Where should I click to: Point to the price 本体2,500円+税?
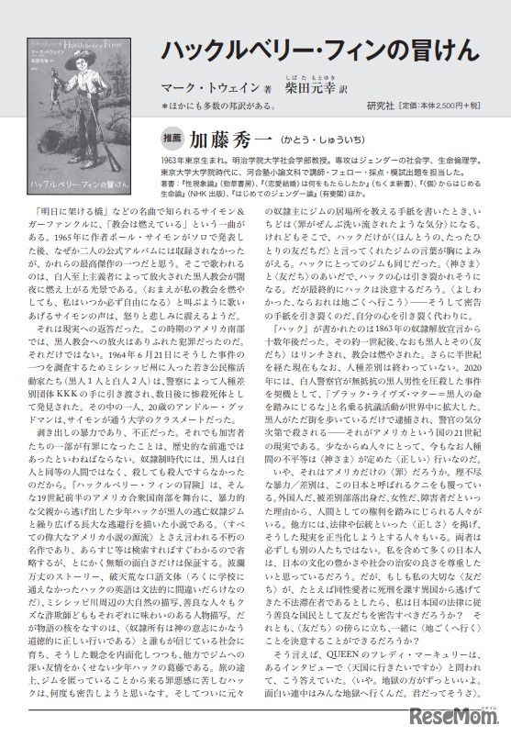coord(454,105)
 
